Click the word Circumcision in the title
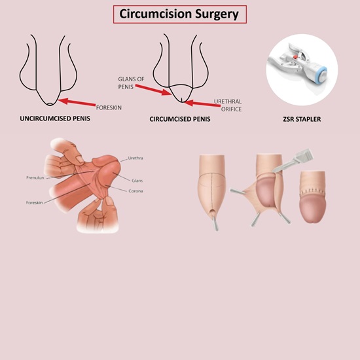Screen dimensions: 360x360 (x=155, y=14)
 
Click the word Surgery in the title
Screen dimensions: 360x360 (x=217, y=14)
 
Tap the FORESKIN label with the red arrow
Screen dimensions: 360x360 (x=109, y=108)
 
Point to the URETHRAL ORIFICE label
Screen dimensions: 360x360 (x=228, y=105)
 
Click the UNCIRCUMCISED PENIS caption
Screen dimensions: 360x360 (x=55, y=118)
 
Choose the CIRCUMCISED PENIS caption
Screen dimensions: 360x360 (x=180, y=119)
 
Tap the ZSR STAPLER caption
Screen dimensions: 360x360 (x=302, y=119)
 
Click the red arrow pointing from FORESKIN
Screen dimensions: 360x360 (x=77, y=102)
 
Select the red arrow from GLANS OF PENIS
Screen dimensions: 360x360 (x=153, y=90)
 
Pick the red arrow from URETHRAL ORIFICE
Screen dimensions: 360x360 (x=202, y=103)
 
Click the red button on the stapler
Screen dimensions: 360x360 (x=295, y=56)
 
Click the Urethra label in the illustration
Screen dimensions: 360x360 (x=135, y=158)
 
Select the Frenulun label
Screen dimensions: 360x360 (x=35, y=177)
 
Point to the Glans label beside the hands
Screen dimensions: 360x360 (x=137, y=181)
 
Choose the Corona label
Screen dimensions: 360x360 (x=135, y=191)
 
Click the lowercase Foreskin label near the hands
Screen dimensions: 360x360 (x=35, y=203)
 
